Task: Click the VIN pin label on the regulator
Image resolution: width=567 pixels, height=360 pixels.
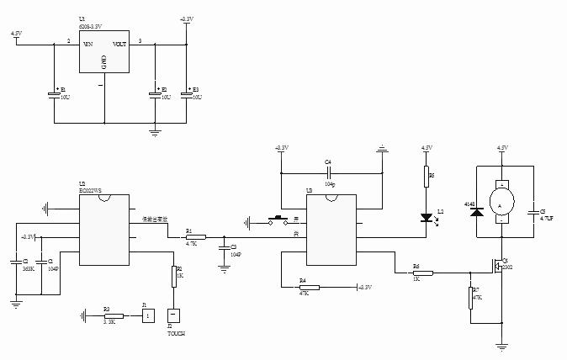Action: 87,42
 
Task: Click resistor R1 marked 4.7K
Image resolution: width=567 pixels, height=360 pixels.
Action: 195,237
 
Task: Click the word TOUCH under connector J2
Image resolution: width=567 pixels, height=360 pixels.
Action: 176,334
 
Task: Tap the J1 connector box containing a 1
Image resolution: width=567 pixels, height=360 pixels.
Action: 147,315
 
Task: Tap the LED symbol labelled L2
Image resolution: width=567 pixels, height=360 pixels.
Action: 427,218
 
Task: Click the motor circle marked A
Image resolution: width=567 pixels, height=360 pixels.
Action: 501,204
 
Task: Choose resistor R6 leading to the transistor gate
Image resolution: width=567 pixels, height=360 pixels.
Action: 422,273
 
